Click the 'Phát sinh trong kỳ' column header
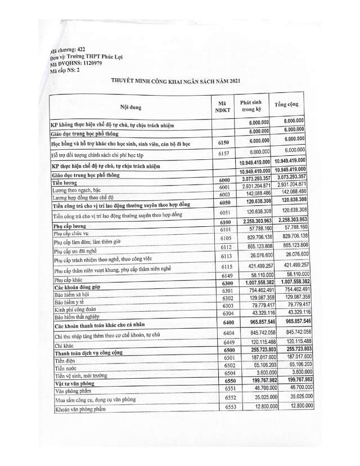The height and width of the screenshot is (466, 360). coord(251,106)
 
